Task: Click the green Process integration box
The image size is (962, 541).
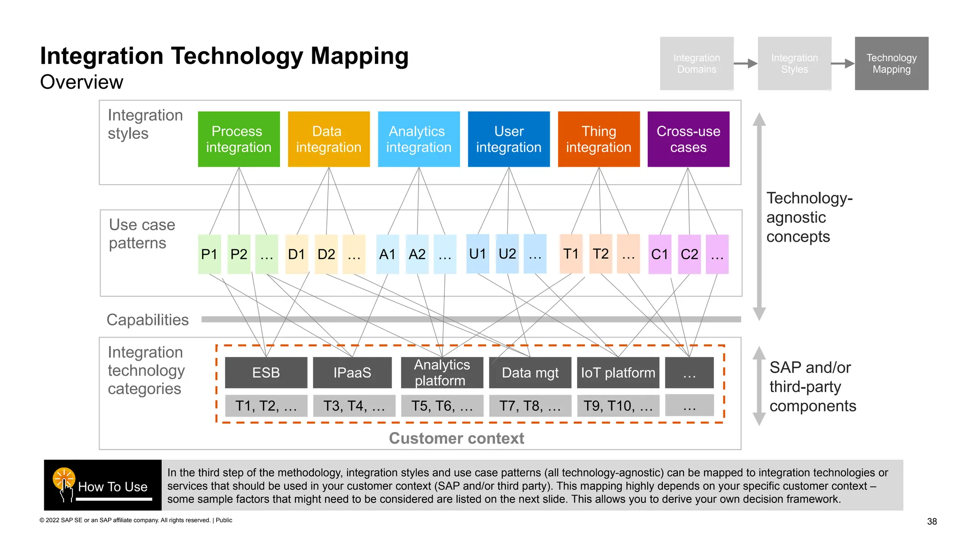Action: pos(239,139)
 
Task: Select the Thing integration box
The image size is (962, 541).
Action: pos(598,139)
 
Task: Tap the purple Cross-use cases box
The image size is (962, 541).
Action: pos(688,139)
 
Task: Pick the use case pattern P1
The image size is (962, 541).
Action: pos(209,254)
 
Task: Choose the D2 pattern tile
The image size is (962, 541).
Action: pos(326,254)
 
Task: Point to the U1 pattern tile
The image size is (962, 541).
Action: pos(477,254)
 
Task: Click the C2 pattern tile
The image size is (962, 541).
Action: pos(689,254)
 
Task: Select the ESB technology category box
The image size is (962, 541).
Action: pos(266,372)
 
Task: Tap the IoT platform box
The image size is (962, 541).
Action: pos(618,372)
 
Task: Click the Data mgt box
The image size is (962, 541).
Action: pos(530,372)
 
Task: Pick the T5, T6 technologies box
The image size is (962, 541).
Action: pos(442,406)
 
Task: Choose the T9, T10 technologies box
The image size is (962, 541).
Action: pos(618,406)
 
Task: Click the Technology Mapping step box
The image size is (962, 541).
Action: pos(891,63)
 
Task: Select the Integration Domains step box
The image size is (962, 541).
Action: pos(696,63)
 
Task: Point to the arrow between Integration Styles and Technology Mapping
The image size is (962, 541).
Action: pos(843,63)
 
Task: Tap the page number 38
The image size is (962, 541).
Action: pos(932,521)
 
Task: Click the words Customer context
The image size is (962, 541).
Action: pos(456,438)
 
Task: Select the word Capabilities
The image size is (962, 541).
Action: pos(147,320)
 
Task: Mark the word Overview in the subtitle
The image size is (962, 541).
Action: pos(82,82)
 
